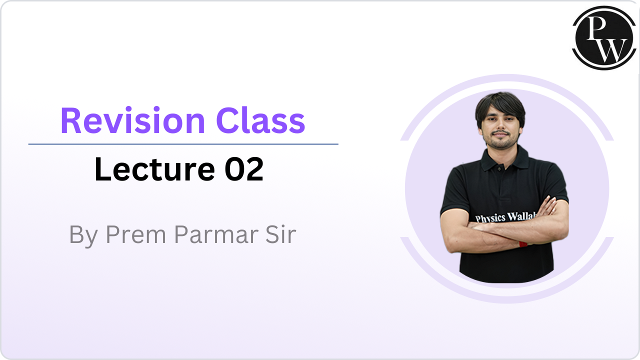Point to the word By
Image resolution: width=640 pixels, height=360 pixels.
tap(83, 235)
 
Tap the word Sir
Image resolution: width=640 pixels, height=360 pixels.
tap(280, 234)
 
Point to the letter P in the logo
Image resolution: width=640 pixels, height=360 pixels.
tap(595, 28)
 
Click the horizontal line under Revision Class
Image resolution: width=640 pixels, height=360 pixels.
tap(183, 144)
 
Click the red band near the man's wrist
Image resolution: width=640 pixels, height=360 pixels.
tap(523, 244)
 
